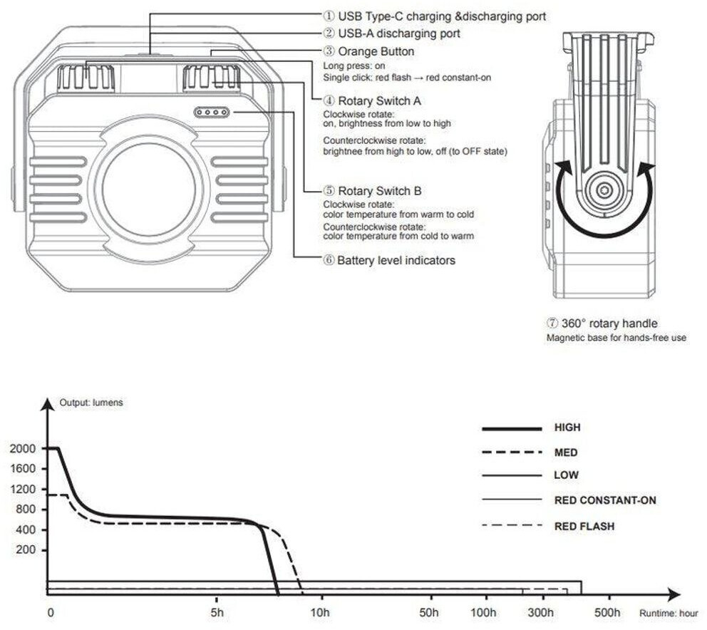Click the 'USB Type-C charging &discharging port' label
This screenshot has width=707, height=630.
coord(435,16)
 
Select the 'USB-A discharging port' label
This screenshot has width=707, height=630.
coord(392,33)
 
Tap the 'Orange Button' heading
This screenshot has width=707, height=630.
coord(369,51)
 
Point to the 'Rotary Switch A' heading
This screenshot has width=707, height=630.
coord(373,100)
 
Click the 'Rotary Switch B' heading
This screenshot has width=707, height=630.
coord(373,191)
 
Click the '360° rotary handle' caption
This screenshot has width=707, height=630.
coord(602,324)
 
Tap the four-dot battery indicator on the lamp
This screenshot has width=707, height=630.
coord(212,113)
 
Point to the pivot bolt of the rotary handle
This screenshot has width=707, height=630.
coord(604,190)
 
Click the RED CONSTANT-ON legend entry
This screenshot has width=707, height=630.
coord(569,500)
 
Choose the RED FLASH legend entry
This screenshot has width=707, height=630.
coord(548,526)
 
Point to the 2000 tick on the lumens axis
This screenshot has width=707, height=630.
coord(23,448)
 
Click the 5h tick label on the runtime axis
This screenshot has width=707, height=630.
coord(217,612)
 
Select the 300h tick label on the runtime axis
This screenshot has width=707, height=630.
coord(541,612)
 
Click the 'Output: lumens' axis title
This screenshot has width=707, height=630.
coord(91,402)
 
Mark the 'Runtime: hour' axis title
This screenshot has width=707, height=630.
coord(669,614)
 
